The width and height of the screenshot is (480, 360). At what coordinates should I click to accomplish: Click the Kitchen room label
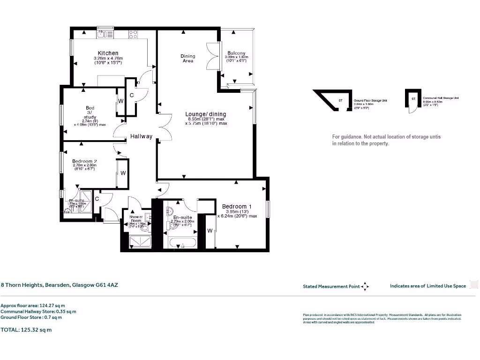[x=108, y=53]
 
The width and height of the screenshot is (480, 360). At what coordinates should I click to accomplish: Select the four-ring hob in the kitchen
[x=133, y=34]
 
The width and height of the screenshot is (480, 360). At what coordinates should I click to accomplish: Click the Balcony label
[x=236, y=53]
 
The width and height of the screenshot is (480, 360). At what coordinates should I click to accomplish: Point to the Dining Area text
[x=187, y=58]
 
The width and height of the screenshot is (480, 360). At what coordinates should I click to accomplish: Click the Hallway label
[x=141, y=136]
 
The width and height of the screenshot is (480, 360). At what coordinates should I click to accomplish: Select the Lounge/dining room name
[x=205, y=114]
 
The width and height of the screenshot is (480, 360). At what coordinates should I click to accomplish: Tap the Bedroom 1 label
[x=237, y=207]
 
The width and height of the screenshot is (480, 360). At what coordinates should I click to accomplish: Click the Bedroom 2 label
[x=84, y=161]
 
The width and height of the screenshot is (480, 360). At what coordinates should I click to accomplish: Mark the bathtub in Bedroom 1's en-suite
[x=183, y=243]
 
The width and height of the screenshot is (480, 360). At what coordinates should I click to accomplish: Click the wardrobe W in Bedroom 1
[x=210, y=231]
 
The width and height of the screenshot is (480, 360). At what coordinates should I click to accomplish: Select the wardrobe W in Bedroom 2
[x=123, y=173]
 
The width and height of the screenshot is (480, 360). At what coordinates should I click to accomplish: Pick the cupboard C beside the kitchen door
[x=132, y=95]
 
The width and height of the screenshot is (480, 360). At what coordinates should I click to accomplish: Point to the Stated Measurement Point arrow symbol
[x=365, y=286]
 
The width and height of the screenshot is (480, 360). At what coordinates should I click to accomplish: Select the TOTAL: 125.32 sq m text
[x=26, y=330]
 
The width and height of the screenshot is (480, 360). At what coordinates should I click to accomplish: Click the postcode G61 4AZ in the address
[x=104, y=285]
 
